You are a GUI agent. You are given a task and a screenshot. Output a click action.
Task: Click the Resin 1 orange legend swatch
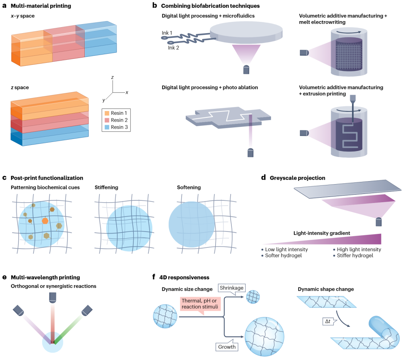pyautogui.click(x=107, y=113)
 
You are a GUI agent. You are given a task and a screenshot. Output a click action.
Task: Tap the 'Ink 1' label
pyautogui.click(x=168, y=34)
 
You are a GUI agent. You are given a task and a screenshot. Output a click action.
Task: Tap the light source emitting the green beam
pyautogui.click(x=87, y=310)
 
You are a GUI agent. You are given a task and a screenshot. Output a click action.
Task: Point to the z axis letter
pyautogui.click(x=112, y=77)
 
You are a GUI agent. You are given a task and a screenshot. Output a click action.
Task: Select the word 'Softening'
pyautogui.click(x=189, y=187)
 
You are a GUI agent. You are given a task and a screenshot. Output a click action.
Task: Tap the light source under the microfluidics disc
pyautogui.click(x=246, y=69)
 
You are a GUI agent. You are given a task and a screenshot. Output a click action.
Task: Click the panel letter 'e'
pyautogui.click(x=4, y=277)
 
